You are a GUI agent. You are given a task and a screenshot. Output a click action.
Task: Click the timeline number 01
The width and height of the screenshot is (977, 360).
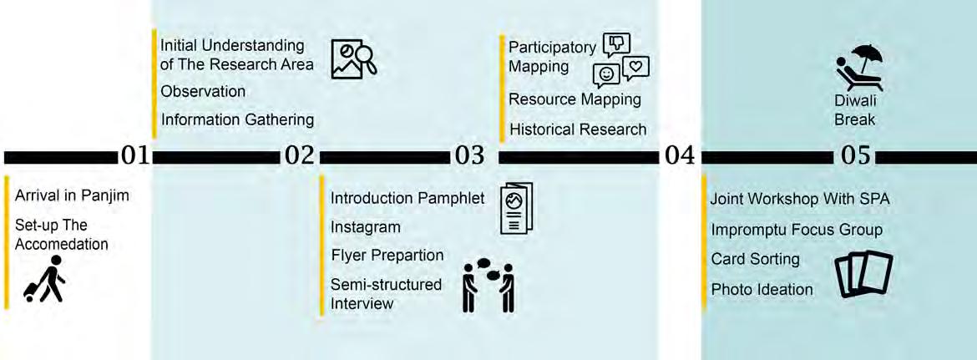pos(134,156)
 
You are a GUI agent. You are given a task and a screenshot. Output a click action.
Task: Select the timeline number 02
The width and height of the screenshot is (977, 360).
pos(299,156)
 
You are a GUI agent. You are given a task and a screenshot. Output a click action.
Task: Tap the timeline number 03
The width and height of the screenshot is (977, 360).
pos(469,156)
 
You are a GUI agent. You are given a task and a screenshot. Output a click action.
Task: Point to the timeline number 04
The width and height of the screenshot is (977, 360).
pos(679,156)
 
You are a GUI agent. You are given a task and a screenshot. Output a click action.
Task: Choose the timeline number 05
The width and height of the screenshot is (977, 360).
pos(853,156)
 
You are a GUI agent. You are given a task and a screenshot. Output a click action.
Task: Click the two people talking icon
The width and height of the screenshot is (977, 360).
pos(488,286)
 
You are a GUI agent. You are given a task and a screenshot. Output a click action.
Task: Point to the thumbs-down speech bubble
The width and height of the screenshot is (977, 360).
pos(616,43)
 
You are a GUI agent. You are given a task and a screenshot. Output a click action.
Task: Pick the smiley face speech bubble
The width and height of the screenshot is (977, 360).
pos(606,74)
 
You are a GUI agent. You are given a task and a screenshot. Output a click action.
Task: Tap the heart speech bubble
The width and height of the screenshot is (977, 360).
pos(635,67)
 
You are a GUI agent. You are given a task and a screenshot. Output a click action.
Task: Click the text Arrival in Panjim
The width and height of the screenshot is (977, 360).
pos(73,196)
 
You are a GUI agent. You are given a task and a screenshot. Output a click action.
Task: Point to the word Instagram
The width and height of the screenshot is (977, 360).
pos(366,226)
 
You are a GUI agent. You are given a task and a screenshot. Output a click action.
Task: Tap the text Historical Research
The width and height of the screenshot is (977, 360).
pos(578,129)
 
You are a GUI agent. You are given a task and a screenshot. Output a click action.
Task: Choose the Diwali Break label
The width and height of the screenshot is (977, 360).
pos(855,110)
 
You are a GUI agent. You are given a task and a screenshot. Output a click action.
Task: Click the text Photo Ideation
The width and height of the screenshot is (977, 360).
pos(762,289)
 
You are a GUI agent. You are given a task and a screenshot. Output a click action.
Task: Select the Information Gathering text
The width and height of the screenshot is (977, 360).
pos(237,119)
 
